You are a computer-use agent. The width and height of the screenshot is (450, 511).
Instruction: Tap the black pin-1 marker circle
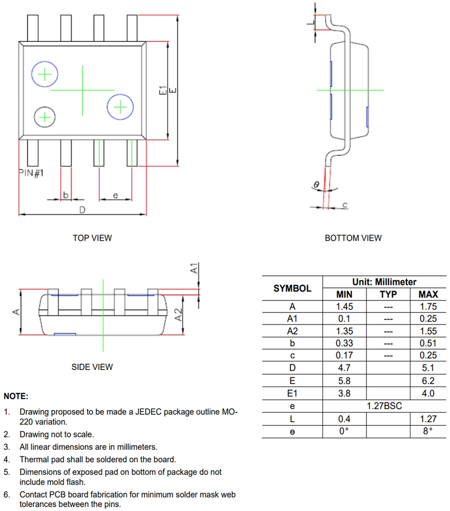coord(45,117)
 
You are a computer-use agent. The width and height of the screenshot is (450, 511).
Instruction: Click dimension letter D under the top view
coord(81,210)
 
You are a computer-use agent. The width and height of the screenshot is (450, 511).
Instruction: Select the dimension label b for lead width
coord(66,195)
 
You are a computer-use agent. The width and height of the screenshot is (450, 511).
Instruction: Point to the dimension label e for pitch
coord(115,195)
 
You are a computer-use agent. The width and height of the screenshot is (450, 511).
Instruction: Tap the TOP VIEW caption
coord(92,238)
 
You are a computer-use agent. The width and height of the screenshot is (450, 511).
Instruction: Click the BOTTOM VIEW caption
coord(353,238)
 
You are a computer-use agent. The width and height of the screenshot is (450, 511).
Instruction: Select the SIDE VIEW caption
coord(92,367)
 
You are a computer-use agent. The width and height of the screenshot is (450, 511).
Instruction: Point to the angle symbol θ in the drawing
coord(316,184)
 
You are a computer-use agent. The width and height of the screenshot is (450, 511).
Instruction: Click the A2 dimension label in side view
coord(179,315)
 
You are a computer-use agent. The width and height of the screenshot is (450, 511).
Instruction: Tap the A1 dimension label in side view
coord(194,269)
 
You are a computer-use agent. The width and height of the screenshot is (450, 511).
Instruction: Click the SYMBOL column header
coord(292,288)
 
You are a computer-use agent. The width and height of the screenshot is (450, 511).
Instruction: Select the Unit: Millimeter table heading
coord(384,282)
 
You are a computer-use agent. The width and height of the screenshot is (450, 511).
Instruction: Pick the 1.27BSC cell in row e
coord(384,406)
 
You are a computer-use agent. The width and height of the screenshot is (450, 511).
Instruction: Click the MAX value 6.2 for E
coord(428,381)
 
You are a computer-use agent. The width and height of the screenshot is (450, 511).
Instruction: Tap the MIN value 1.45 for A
coord(345,307)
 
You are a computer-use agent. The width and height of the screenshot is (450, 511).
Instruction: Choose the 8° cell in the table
coord(428,431)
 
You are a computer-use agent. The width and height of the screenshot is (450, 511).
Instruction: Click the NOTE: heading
coord(16,397)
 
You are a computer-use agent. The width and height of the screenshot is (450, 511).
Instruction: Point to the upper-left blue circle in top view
coord(45,75)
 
